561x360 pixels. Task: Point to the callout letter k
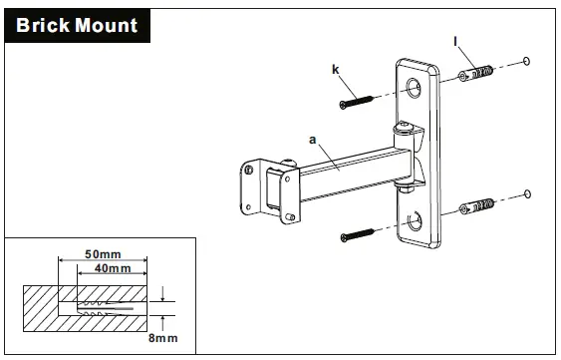pos(337,70)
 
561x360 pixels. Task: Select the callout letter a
pos(312,143)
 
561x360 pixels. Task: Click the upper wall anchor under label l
pos(478,74)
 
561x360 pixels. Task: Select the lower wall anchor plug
pos(478,207)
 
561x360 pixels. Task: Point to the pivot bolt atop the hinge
pos(404,129)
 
